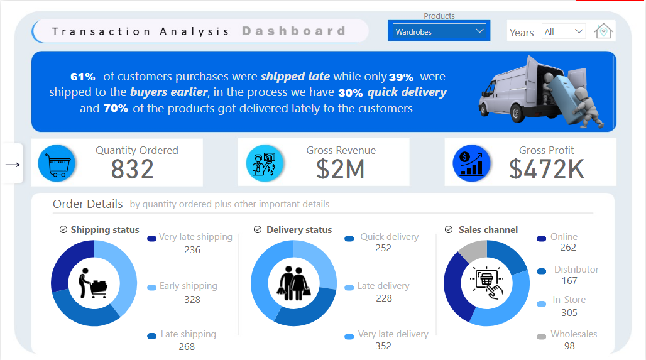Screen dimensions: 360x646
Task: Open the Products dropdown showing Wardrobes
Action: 439,31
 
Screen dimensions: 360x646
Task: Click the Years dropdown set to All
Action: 564,31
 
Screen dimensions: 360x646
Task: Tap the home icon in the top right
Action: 603,31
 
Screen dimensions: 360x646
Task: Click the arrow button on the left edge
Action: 12,165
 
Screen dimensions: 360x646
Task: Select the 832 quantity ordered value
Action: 132,170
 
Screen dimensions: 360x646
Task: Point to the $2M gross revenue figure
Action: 340,170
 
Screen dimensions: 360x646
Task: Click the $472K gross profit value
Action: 546,170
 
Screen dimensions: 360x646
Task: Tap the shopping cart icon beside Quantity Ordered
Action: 57,163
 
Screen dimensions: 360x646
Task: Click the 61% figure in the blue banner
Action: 83,77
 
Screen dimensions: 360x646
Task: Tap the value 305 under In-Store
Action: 569,313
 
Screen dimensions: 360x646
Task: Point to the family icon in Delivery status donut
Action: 293,283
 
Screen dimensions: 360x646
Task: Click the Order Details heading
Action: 88,204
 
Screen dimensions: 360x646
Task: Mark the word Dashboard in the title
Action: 293,31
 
